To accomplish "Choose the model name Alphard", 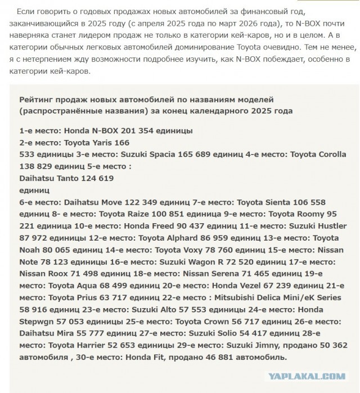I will (190, 238).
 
